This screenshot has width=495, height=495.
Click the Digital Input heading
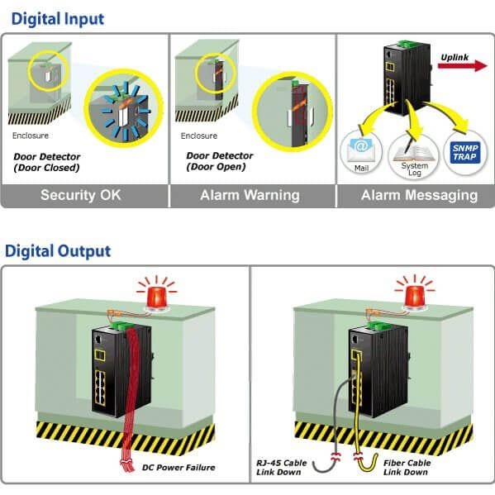tap(58, 19)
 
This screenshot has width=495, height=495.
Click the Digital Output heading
tap(58, 251)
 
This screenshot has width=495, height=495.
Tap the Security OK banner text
tap(80, 195)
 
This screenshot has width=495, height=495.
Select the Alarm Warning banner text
tap(250, 195)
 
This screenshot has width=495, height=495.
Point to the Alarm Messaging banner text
tap(419, 195)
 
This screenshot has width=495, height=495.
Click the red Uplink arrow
tap(463, 65)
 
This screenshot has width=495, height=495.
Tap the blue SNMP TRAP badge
tap(464, 153)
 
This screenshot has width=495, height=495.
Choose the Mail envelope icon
tap(360, 150)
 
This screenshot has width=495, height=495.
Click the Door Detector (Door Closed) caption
tap(47, 162)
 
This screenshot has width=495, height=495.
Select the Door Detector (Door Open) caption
tap(220, 161)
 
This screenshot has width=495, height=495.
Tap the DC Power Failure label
tap(178, 468)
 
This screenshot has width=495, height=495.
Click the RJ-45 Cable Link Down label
tap(281, 468)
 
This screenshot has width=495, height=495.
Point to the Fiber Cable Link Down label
tap(407, 468)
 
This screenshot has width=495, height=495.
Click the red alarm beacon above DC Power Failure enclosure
tap(156, 298)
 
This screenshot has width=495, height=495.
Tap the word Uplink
tap(455, 57)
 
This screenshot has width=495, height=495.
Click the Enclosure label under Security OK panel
tap(31, 136)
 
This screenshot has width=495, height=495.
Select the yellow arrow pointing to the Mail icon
tap(374, 118)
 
